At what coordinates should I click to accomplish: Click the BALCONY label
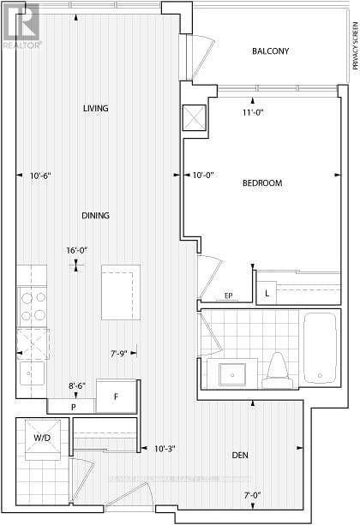[x=270, y=51]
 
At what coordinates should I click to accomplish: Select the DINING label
[x=95, y=215]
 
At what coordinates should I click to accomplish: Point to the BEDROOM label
[x=261, y=183]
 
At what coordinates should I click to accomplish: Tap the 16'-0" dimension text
[x=77, y=250]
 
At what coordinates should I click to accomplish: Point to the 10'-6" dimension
[x=40, y=176]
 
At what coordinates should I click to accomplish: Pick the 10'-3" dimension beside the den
[x=166, y=447]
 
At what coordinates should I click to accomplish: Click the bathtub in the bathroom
[x=320, y=352]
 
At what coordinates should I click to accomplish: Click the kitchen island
[x=121, y=292]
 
